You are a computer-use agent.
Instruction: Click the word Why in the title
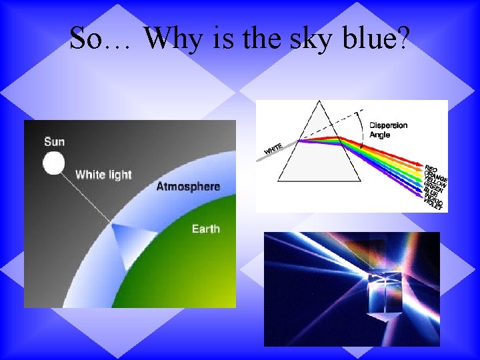[x=173, y=39]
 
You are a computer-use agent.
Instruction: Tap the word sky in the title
[x=311, y=39]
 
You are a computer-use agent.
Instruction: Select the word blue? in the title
[x=376, y=39]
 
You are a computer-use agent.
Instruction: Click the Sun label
[x=55, y=141]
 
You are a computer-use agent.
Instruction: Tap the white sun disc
[x=53, y=163]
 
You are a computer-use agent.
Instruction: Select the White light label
[x=103, y=175]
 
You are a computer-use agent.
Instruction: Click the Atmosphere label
[x=187, y=186]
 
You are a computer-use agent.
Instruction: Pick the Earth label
[x=205, y=229]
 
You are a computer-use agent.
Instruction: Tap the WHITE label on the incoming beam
[x=273, y=150]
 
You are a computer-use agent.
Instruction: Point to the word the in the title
[x=265, y=39]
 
